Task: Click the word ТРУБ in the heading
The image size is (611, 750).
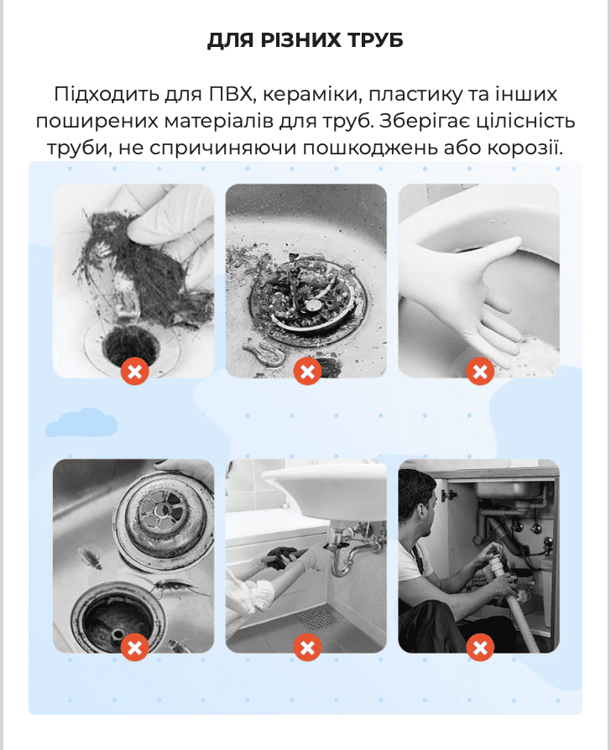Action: (376, 40)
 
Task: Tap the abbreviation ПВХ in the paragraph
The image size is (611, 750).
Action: (230, 94)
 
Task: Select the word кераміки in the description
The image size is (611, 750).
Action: (309, 94)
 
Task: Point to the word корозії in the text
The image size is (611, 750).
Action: (525, 148)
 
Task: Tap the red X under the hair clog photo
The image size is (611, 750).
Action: (135, 371)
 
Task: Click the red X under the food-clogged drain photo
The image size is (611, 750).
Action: (307, 371)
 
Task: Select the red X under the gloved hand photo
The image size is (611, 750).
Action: (480, 371)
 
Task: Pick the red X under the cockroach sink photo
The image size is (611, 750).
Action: (135, 647)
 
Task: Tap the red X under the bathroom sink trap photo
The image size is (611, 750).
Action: (307, 647)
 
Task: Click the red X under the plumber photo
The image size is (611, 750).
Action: (480, 647)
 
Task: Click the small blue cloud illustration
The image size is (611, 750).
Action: (81, 423)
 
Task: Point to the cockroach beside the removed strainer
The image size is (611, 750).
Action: (90, 558)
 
